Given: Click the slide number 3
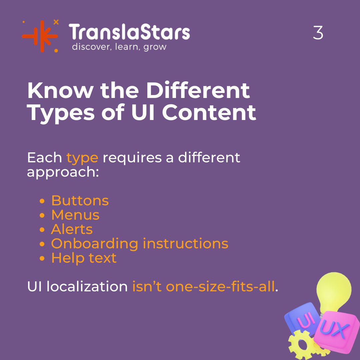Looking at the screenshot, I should pyautogui.click(x=318, y=33).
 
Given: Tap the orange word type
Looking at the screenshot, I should pyautogui.click(x=82, y=158).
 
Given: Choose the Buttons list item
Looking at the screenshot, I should pyautogui.click(x=80, y=201).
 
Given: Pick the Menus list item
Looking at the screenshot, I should pyautogui.click(x=75, y=215).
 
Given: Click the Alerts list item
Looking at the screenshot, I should pyautogui.click(x=72, y=229).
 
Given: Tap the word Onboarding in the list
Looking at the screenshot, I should pyautogui.click(x=94, y=244).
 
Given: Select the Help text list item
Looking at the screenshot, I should pyautogui.click(x=84, y=258).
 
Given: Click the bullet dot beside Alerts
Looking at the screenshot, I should pyautogui.click(x=42, y=230).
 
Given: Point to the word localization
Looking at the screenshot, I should pyautogui.click(x=87, y=287).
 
